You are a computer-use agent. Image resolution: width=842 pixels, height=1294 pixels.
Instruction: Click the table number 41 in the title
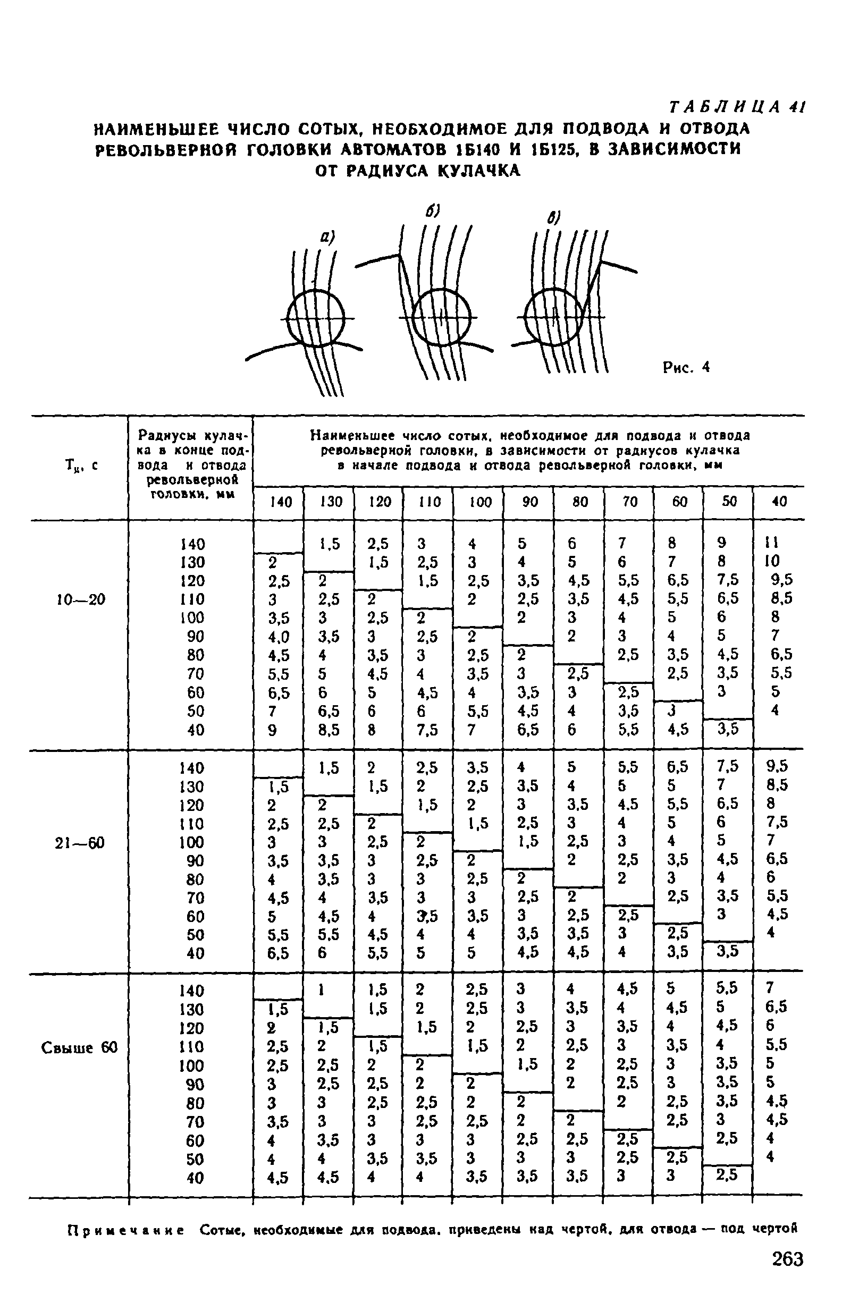point(797,107)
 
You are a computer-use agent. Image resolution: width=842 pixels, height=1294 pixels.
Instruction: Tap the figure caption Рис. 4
point(686,368)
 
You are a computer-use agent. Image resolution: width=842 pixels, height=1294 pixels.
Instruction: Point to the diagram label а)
point(326,237)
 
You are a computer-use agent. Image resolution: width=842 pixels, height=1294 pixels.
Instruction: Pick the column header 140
point(281,502)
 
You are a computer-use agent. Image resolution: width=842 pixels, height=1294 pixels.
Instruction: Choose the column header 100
point(481,502)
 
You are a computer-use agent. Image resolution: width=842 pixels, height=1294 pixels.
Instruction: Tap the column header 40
point(779,501)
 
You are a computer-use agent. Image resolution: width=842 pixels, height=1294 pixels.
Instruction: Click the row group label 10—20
point(80,599)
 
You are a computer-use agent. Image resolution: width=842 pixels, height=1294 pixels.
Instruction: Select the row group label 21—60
point(80,843)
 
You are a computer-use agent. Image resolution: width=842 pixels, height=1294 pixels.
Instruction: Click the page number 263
point(787,1258)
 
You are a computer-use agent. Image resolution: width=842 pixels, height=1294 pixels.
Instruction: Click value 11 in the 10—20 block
point(772,543)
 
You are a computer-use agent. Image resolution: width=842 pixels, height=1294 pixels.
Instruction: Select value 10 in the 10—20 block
point(772,561)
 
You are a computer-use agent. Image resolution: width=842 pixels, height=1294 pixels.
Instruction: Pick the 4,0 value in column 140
point(279,636)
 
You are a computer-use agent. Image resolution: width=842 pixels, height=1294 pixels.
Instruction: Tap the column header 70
point(630,501)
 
